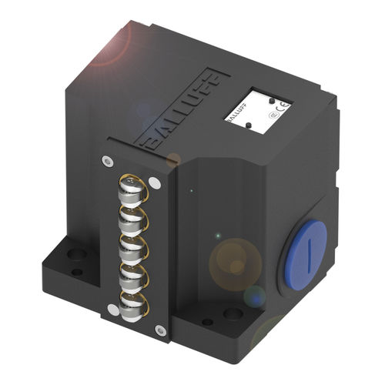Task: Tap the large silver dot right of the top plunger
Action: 155,183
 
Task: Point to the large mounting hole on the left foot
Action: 76,253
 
